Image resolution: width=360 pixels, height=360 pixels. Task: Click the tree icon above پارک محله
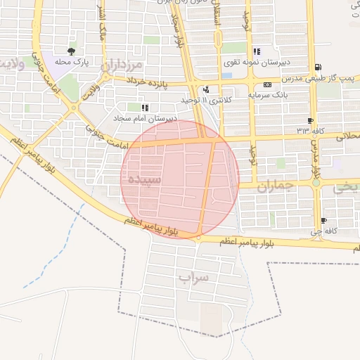pyautogui.click(x=70, y=51)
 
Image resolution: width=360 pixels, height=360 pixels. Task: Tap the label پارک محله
pyautogui.click(x=70, y=61)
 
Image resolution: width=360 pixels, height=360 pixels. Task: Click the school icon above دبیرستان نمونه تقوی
pyautogui.click(x=256, y=51)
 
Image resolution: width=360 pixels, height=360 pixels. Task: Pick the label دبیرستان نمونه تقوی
pyautogui.click(x=256, y=62)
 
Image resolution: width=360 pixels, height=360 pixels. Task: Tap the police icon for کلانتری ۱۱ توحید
pyautogui.click(x=206, y=89)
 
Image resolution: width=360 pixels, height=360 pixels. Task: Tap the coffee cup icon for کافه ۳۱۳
pyautogui.click(x=310, y=120)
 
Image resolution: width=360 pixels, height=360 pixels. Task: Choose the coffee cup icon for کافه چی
pyautogui.click(x=323, y=220)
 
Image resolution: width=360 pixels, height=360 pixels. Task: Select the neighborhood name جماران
pyautogui.click(x=274, y=187)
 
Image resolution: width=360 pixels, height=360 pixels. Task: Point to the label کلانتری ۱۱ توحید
pyautogui.click(x=206, y=100)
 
